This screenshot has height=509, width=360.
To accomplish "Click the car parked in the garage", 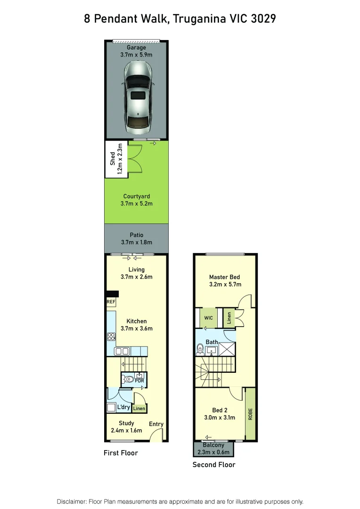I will (x=137, y=97).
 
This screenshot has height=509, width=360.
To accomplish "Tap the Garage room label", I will (x=136, y=48).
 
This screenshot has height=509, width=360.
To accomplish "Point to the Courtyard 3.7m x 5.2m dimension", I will (x=136, y=204).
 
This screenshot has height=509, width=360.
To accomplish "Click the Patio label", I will (x=136, y=235).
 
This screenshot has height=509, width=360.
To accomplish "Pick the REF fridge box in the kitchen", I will (x=111, y=302).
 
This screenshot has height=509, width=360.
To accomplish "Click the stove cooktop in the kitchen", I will (x=112, y=337).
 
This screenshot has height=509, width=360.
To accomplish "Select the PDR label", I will (x=139, y=380).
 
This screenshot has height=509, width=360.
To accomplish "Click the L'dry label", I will (x=123, y=407).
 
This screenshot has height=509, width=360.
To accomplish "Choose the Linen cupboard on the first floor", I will (x=139, y=409).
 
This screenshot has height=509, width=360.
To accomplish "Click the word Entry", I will (x=156, y=424).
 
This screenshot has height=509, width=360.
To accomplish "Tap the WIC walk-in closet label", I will (x=208, y=318).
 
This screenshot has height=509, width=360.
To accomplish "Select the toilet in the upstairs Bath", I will (x=200, y=349).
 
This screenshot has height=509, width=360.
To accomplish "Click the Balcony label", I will (x=213, y=445).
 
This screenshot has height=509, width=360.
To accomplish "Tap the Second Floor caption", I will (x=213, y=465).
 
